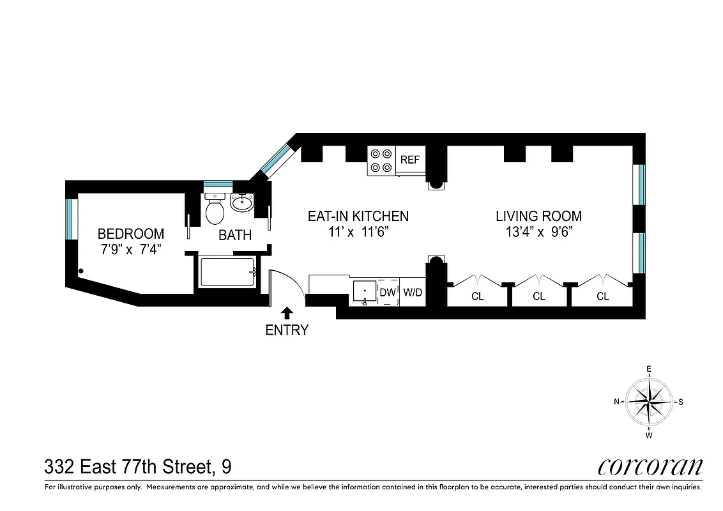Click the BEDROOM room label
point(130,234)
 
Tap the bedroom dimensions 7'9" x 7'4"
point(130,250)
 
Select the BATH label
point(235,235)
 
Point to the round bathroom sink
point(241,203)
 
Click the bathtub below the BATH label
point(227,272)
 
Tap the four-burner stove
point(381,160)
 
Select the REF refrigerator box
point(410,160)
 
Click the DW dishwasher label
point(388,293)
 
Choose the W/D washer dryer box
point(413,293)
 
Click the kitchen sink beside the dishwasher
point(365,292)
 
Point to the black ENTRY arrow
point(287,312)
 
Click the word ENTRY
point(287,330)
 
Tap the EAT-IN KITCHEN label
point(358,216)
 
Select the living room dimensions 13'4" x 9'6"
point(538,233)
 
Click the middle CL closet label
point(539,296)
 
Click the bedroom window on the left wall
point(72,219)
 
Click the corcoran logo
point(650,467)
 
